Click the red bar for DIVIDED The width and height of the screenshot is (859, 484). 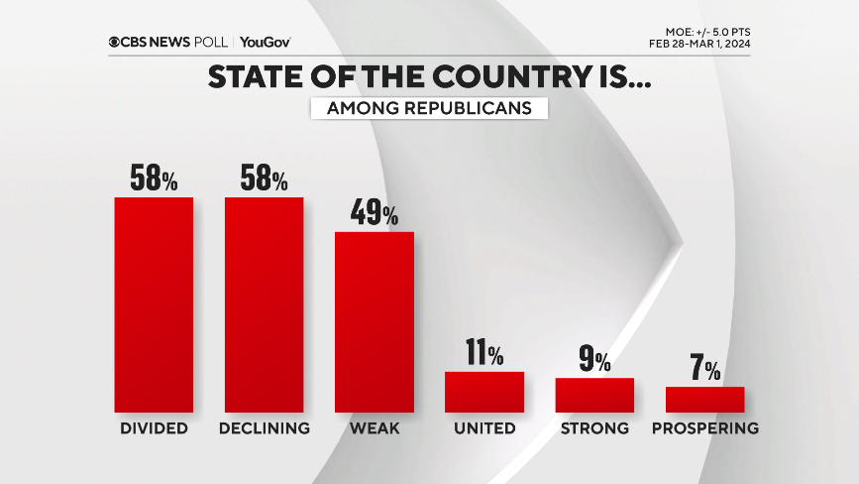[x=154, y=304]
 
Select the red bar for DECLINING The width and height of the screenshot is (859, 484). [x=264, y=304]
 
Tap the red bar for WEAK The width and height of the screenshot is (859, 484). [x=374, y=321]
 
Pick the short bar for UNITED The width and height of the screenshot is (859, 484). [x=483, y=392]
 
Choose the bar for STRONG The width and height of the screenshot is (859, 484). [x=593, y=395]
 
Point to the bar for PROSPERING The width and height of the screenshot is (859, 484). [x=704, y=399]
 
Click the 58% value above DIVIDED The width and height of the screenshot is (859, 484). [x=154, y=178]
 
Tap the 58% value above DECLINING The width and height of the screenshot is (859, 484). [x=264, y=178]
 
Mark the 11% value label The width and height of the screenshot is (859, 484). [x=483, y=352]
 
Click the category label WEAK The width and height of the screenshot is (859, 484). [x=374, y=428]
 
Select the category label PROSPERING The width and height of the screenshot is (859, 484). [x=704, y=428]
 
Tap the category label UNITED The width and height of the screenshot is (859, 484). [x=483, y=428]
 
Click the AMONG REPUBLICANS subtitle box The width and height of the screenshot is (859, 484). [x=429, y=108]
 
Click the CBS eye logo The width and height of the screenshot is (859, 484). [x=115, y=42]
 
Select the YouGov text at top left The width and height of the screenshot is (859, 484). [x=266, y=42]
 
